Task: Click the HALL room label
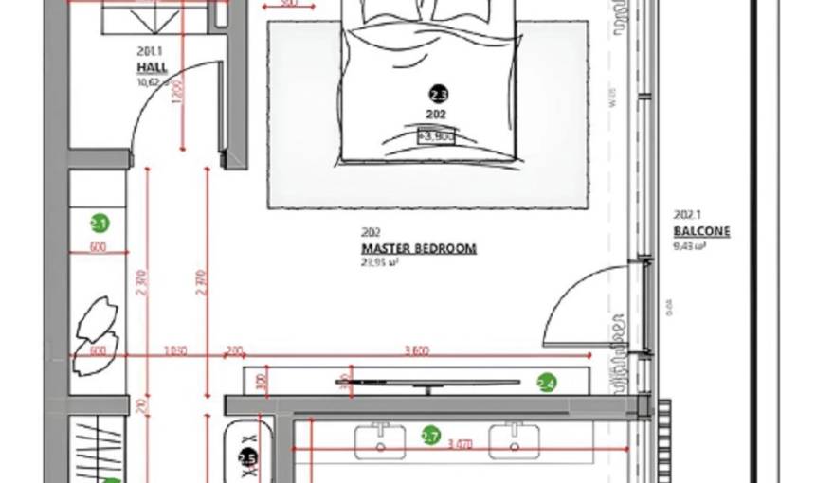(152, 68)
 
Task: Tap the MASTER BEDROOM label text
(418, 249)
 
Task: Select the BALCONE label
(701, 232)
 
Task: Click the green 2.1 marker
(100, 224)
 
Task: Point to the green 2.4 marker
(546, 383)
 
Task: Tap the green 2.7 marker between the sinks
(430, 436)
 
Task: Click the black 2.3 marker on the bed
(438, 94)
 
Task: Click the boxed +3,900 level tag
(436, 136)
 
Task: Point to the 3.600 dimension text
(416, 350)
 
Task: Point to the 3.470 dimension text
(460, 442)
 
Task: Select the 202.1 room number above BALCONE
(686, 214)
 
